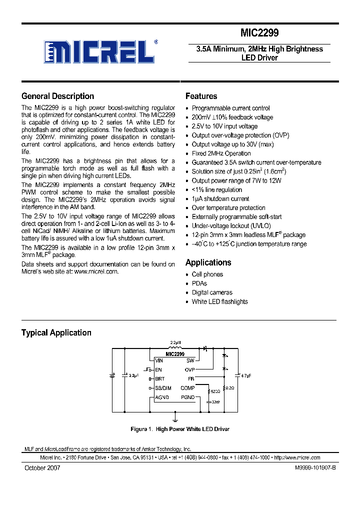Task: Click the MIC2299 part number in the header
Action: tap(259, 33)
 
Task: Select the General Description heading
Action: tap(57, 96)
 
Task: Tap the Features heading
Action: tap(201, 96)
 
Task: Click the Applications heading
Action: tap(208, 262)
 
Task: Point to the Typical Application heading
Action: tap(56, 333)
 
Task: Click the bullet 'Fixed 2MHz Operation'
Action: tap(221, 153)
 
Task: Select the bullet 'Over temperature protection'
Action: tap(228, 208)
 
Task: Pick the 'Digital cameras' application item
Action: tap(212, 292)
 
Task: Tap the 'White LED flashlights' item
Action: tap(219, 301)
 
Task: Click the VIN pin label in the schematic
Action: tap(159, 360)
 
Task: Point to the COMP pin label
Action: tap(187, 388)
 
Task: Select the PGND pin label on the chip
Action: tap(187, 397)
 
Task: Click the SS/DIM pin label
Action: tap(163, 388)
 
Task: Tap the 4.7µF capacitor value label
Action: tap(245, 375)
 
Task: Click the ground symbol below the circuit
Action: tap(175, 415)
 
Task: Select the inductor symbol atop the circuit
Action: tap(174, 348)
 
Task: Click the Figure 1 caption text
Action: tap(179, 429)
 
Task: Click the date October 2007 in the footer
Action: tap(42, 468)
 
